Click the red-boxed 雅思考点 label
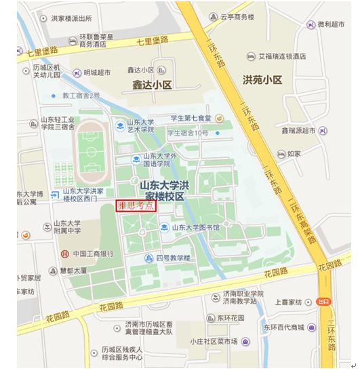pos(136,206)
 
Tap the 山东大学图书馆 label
pos(195,228)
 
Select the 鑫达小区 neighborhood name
pos(148,85)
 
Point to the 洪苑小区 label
pos(262,80)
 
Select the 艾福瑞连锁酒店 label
pos(281,56)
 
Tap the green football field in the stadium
pos(89,147)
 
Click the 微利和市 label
pos(331,24)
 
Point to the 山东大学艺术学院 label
pos(139,125)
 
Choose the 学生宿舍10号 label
pos(188,133)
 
